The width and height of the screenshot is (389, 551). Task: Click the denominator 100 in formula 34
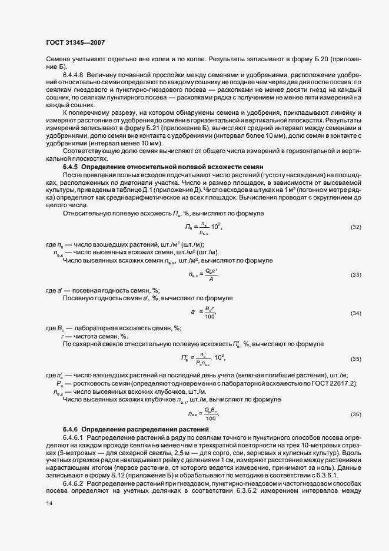coord(210,317)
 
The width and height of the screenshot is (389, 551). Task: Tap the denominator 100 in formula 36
coord(210,419)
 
